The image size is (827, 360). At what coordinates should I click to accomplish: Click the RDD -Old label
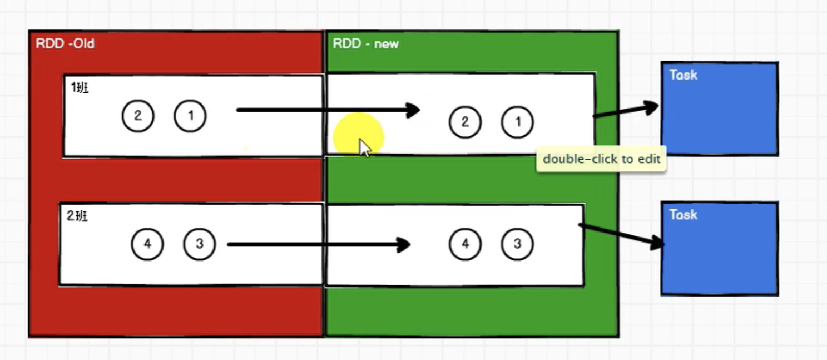[x=65, y=43]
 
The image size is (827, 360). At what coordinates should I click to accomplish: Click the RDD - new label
[x=365, y=43]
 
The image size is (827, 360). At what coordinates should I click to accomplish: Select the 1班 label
[x=80, y=87]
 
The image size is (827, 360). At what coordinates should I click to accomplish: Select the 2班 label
[x=77, y=216]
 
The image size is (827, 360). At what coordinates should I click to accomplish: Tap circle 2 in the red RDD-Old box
[x=138, y=116]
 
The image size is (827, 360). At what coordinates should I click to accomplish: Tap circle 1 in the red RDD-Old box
[x=190, y=116]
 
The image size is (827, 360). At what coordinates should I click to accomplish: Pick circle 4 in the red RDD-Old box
[x=147, y=244]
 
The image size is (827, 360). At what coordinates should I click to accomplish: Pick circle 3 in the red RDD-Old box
[x=199, y=244]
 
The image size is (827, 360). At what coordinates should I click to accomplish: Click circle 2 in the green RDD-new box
[x=465, y=122]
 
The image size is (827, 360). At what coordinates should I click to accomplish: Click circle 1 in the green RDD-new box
[x=517, y=122]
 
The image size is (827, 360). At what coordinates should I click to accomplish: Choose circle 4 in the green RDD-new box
[x=465, y=244]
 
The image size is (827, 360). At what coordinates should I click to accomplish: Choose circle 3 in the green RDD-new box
[x=517, y=244]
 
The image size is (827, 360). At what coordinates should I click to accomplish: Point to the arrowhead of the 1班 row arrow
[x=419, y=110]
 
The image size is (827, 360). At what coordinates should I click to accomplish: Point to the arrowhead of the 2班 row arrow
[x=410, y=244]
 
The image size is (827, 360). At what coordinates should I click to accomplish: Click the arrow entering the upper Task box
[x=626, y=111]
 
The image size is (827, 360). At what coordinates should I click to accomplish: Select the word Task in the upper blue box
[x=684, y=75]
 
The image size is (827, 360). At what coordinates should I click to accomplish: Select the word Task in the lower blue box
[x=684, y=215]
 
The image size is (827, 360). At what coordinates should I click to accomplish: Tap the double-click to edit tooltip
[x=601, y=159]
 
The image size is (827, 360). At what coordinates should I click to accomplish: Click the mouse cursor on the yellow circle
[x=365, y=147]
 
